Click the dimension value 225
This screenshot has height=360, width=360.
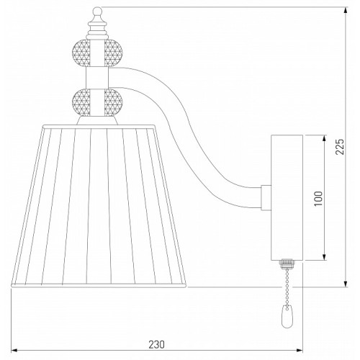click(x=340, y=147)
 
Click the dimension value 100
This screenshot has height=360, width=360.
click(x=318, y=198)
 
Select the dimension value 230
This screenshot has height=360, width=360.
click(x=157, y=345)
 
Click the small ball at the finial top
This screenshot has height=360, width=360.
click(x=97, y=11)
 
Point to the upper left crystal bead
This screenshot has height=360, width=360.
click(x=81, y=53)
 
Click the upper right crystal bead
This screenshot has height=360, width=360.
click(x=114, y=53)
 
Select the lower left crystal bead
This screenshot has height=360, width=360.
click(x=81, y=102)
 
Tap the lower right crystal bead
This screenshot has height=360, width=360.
click(x=114, y=102)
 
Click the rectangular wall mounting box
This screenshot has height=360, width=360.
click(x=287, y=198)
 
